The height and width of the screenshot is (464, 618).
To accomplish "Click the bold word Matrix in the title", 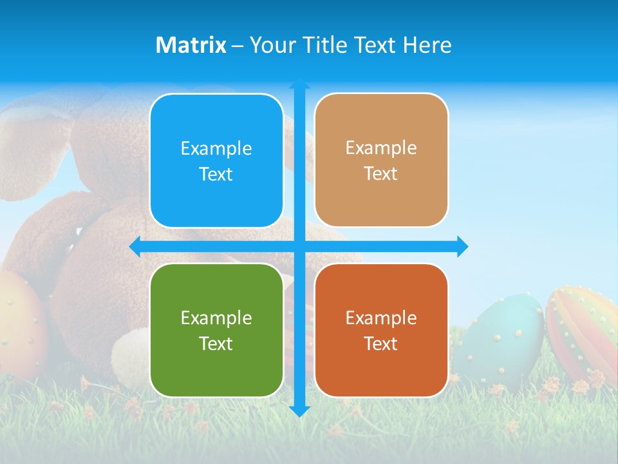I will (191, 45).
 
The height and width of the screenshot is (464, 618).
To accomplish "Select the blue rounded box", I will (216, 161).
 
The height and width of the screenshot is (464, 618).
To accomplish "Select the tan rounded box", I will (381, 160).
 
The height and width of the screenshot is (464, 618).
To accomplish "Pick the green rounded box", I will (216, 330).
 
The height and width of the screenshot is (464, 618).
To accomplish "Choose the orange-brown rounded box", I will (381, 330).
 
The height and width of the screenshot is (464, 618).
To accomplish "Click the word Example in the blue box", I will (216, 149).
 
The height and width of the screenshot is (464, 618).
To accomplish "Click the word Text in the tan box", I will (381, 174).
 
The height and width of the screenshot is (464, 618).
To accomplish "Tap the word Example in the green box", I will (216, 318).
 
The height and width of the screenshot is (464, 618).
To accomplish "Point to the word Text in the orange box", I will (381, 343).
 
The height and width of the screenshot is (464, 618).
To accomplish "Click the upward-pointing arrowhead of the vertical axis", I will (299, 84).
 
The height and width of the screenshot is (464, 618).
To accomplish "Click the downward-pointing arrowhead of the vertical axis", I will (299, 411).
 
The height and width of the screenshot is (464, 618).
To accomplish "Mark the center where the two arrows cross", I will (299, 246).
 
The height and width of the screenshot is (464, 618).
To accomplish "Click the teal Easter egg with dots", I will (502, 338).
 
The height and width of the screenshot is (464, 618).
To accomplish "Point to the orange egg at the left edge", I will (19, 322).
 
